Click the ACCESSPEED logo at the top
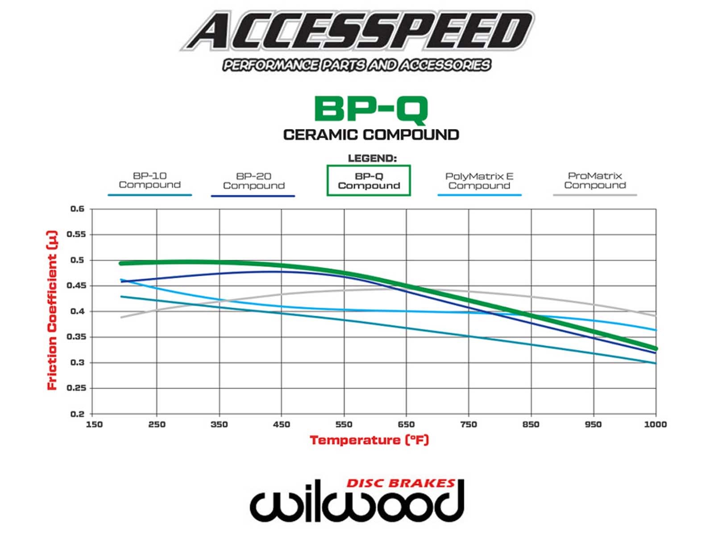357,31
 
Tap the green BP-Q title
371,109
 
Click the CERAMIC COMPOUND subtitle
371,134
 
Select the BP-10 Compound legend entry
149,180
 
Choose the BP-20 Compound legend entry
253,181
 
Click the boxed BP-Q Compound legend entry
369,181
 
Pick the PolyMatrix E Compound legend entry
479,181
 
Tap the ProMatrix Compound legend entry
595,180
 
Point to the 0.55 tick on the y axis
75,234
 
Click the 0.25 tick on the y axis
75,388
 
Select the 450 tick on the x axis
281,424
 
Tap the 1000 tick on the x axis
655,424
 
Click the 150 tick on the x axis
94,424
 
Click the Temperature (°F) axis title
369,440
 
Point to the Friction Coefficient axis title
53,310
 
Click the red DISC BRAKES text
400,483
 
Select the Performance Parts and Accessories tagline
357,65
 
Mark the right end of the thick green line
655,348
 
